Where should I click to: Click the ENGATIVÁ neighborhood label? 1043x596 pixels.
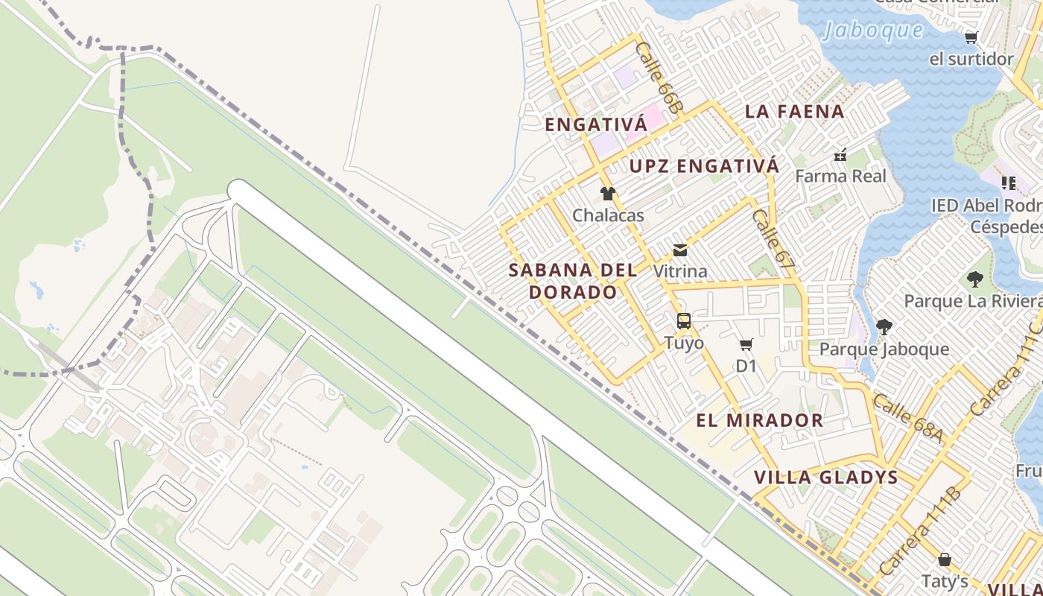[x=596, y=124]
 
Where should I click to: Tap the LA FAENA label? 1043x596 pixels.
[x=794, y=112]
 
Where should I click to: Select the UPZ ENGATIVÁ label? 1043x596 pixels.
[x=704, y=166]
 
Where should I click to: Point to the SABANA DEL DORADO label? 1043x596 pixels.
[x=573, y=281]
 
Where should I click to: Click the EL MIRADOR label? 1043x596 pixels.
[x=759, y=420]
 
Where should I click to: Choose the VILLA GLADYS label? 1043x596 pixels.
[x=825, y=478]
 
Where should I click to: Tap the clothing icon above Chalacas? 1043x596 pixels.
[x=608, y=194]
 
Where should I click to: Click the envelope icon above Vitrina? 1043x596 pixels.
[x=680, y=250]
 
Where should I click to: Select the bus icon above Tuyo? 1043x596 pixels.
[x=684, y=321]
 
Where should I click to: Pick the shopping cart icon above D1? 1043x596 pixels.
[x=746, y=344]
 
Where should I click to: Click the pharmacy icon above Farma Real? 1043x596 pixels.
[x=840, y=155]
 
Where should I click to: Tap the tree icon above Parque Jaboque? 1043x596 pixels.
[x=884, y=327]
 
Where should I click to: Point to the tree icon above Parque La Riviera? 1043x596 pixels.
[x=974, y=279]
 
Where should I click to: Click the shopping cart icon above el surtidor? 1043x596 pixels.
[x=971, y=37]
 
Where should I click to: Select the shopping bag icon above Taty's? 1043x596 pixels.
[x=945, y=559]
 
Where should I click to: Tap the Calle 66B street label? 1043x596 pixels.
[x=659, y=77]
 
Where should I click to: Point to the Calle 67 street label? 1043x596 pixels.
[x=773, y=238]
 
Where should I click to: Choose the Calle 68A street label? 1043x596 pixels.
[x=907, y=419]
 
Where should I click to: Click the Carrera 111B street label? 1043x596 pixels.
[x=920, y=530]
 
